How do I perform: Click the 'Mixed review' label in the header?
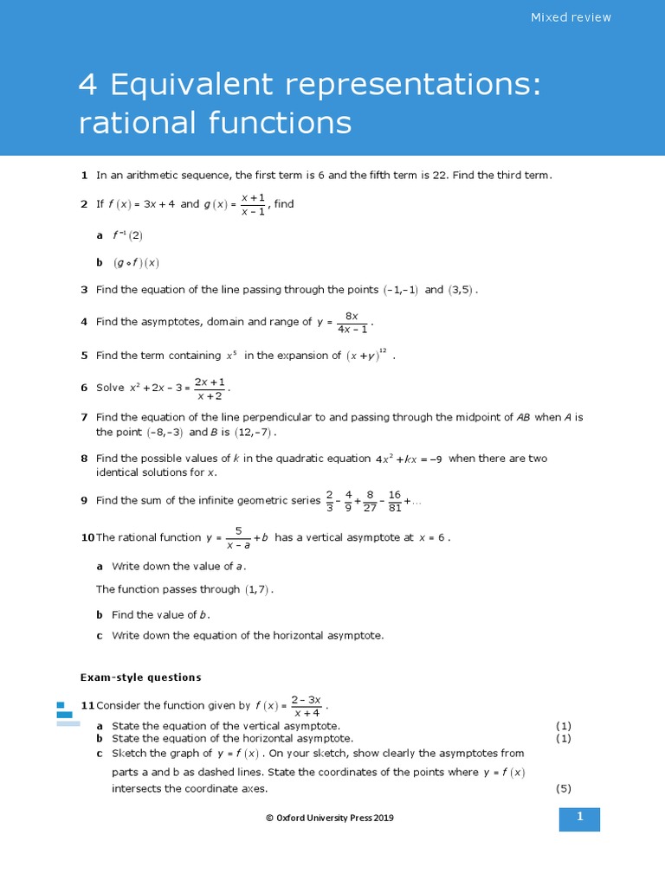[571, 17]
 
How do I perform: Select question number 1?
[84, 175]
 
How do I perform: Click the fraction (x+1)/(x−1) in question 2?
[253, 205]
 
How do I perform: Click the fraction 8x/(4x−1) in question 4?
[352, 322]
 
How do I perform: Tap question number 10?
[87, 537]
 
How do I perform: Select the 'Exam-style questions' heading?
[140, 677]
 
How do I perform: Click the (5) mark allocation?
[564, 788]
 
